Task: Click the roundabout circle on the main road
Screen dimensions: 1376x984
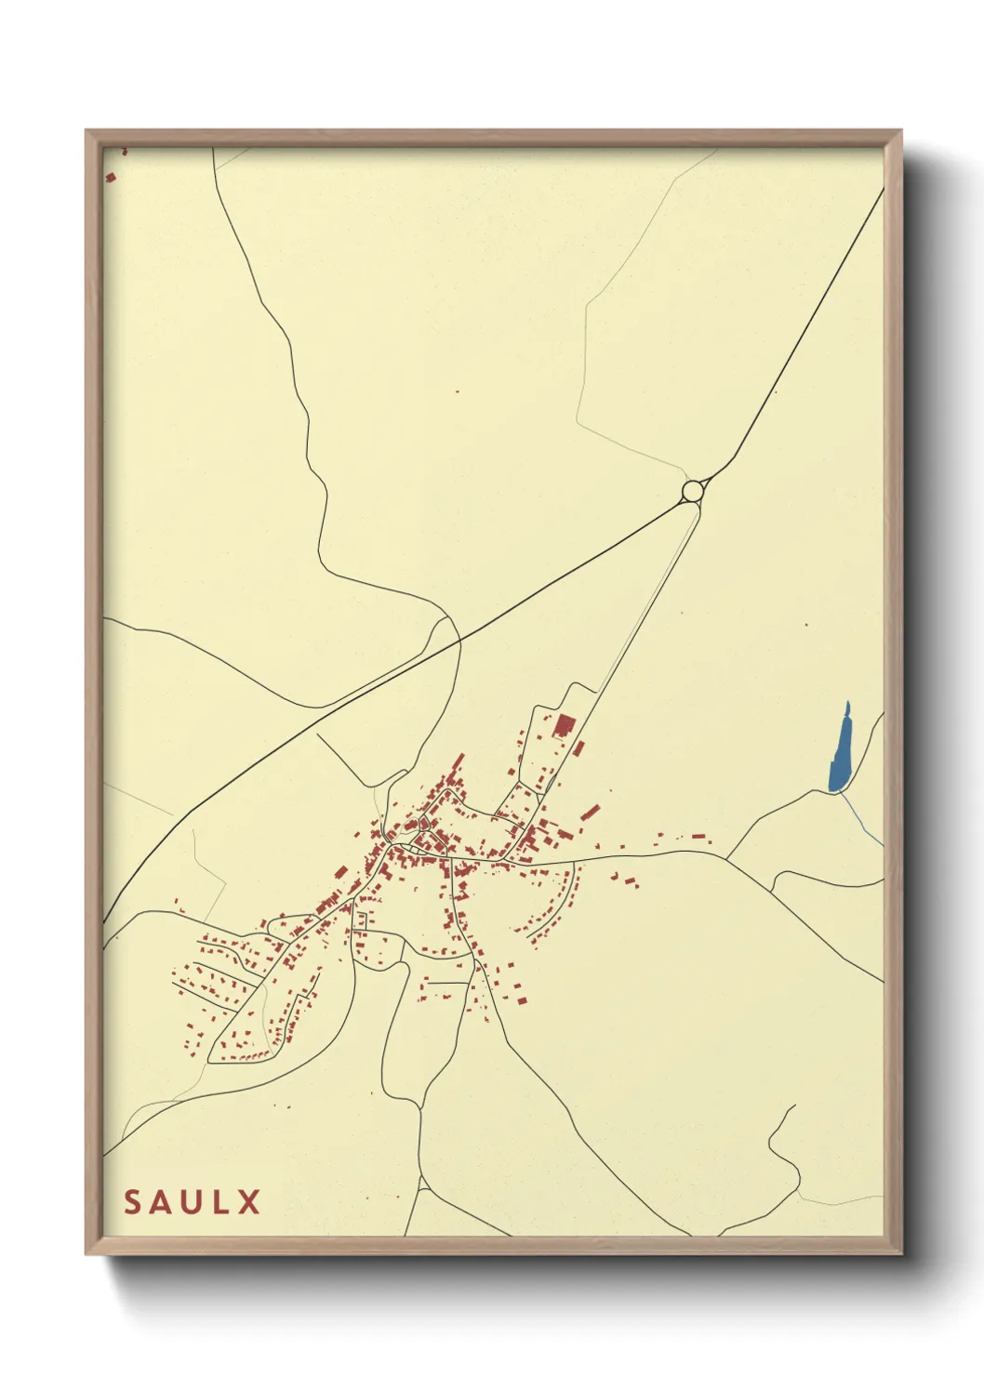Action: pos(692,489)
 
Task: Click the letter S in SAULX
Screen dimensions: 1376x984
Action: pos(133,1202)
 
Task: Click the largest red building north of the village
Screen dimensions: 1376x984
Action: pos(563,725)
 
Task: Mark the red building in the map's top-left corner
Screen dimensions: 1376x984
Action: pos(110,177)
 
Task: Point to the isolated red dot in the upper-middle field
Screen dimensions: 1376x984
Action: pos(458,391)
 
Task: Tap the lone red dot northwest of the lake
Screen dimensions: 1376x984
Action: pos(806,625)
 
